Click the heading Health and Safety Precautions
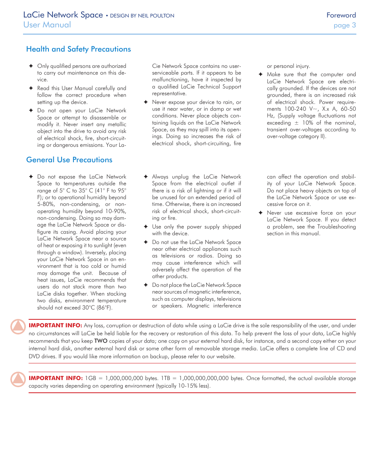coord(78,49)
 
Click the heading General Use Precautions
coord(69,160)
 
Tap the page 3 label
coord(344,25)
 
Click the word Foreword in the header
coord(341,15)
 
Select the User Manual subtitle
coord(47,25)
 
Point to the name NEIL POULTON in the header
coord(158,16)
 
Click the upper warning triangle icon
coord(18,326)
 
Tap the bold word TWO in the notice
coord(101,341)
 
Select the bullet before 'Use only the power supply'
coord(145,227)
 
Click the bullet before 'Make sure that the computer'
coord(260,75)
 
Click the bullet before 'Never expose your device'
coord(145,102)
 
